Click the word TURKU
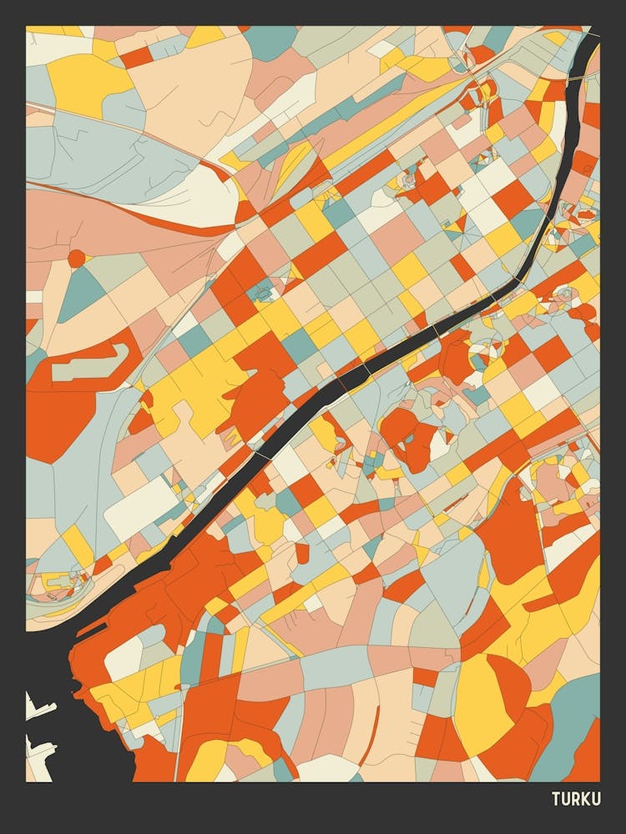(576, 799)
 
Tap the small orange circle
(76, 259)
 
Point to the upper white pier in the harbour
(38, 710)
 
